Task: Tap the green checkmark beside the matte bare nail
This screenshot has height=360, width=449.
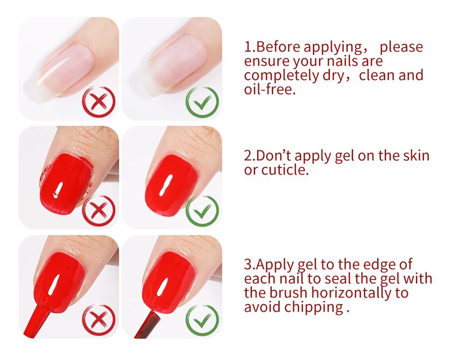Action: pyautogui.click(x=202, y=101)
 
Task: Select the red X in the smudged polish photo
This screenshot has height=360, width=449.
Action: pyautogui.click(x=98, y=210)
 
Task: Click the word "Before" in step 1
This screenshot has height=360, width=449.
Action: pyautogui.click(x=278, y=47)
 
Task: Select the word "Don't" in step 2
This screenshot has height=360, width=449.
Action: pyautogui.click(x=274, y=155)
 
